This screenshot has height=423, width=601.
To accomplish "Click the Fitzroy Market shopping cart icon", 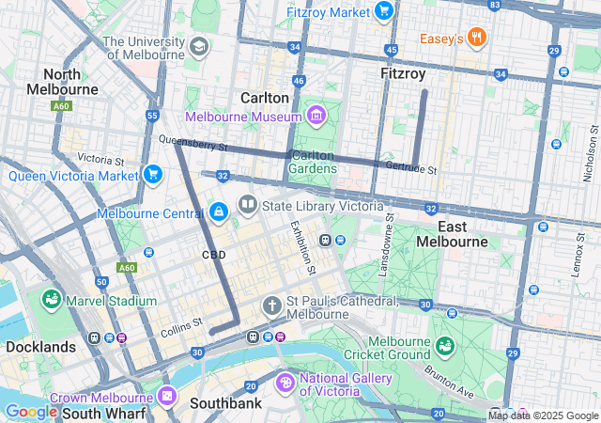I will point(383,10).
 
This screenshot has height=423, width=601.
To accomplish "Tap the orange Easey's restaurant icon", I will point(477,39).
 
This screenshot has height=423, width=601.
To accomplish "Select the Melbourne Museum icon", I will point(316,117).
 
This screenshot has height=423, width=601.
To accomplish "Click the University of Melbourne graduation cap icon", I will point(198,47).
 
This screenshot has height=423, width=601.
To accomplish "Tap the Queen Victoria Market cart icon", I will point(152,174).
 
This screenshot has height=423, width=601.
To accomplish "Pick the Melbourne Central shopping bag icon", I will point(219,212).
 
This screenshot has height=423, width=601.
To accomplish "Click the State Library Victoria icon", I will point(248,205).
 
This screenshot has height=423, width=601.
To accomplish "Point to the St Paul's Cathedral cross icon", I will point(272,306).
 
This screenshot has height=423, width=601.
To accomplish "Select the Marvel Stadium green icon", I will point(52,300).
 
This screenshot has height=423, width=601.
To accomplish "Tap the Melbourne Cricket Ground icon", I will point(443,347).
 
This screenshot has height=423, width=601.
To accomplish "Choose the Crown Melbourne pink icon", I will point(167,396).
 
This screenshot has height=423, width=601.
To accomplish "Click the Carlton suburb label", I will point(264,98).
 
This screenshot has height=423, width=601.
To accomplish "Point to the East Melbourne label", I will point(463,234).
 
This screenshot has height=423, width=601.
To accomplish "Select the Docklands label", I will point(40,347).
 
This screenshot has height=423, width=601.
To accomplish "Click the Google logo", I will point(31,412).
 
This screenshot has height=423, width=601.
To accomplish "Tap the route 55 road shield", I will point(152,116).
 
